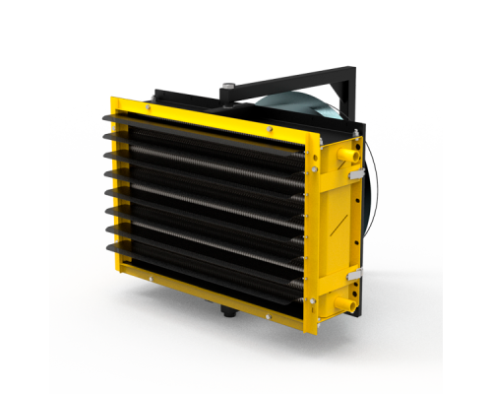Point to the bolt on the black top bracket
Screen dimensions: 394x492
pos(228,90)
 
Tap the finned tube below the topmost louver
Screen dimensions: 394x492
pos(207,148)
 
